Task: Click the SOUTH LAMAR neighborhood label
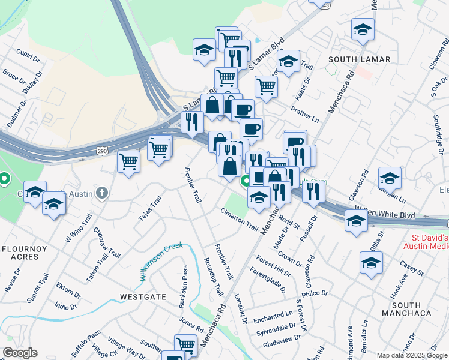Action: click(360, 59)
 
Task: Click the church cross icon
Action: click(103, 193)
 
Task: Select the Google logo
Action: click(20, 353)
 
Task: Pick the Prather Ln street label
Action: click(304, 109)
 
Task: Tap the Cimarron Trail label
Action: click(238, 217)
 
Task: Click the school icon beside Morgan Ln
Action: click(390, 178)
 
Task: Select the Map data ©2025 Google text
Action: click(412, 355)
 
